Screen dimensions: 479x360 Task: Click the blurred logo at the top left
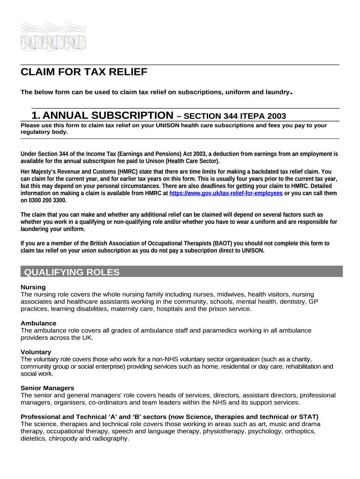53,36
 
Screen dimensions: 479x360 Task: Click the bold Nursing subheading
33,287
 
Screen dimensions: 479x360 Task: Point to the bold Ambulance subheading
38,323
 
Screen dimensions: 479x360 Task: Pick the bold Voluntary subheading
36,352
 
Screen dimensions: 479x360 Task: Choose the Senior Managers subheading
47,388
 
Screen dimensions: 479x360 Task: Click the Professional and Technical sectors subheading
169,416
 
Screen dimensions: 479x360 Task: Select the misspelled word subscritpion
100,160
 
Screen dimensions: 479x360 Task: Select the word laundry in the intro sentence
276,92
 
